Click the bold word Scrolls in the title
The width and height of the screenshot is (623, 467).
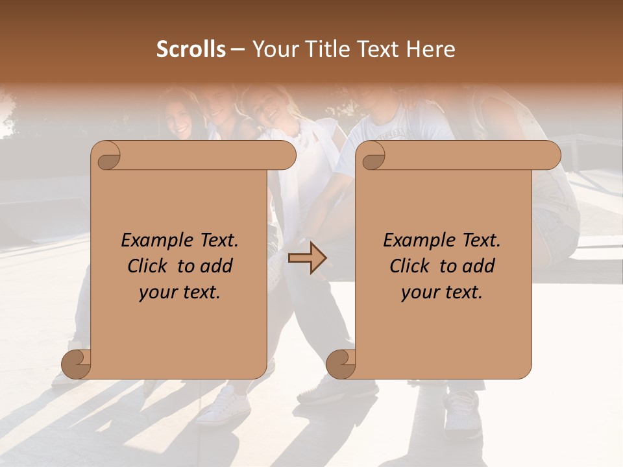(191, 49)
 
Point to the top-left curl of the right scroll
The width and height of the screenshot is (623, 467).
(372, 156)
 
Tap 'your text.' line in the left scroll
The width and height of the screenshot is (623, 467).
(180, 292)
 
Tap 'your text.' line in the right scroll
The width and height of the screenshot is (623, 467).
(442, 292)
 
